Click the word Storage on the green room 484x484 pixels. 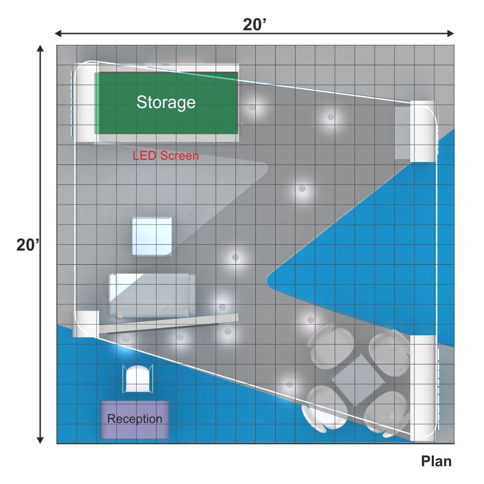click(x=166, y=102)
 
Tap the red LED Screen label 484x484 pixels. click(x=166, y=156)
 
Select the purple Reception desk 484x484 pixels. click(x=135, y=419)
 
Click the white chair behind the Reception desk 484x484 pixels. click(x=138, y=379)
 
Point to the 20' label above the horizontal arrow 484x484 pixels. click(x=254, y=25)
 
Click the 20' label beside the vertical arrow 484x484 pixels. click(x=28, y=245)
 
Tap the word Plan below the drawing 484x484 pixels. click(x=436, y=462)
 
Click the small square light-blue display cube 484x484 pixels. click(x=152, y=237)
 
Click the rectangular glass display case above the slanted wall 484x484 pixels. click(x=152, y=295)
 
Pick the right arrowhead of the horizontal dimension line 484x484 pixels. click(x=451, y=33)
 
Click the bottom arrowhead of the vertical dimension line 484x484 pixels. click(x=40, y=440)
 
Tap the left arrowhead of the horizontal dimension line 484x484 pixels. click(x=58, y=33)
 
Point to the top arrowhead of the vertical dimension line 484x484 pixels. click(x=40, y=49)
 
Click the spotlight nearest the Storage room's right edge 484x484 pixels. click(x=252, y=108)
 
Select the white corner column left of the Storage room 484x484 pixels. click(x=84, y=102)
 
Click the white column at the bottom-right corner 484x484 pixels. click(x=424, y=388)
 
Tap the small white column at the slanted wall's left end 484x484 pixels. click(x=86, y=324)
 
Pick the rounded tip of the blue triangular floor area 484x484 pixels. click(x=268, y=280)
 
